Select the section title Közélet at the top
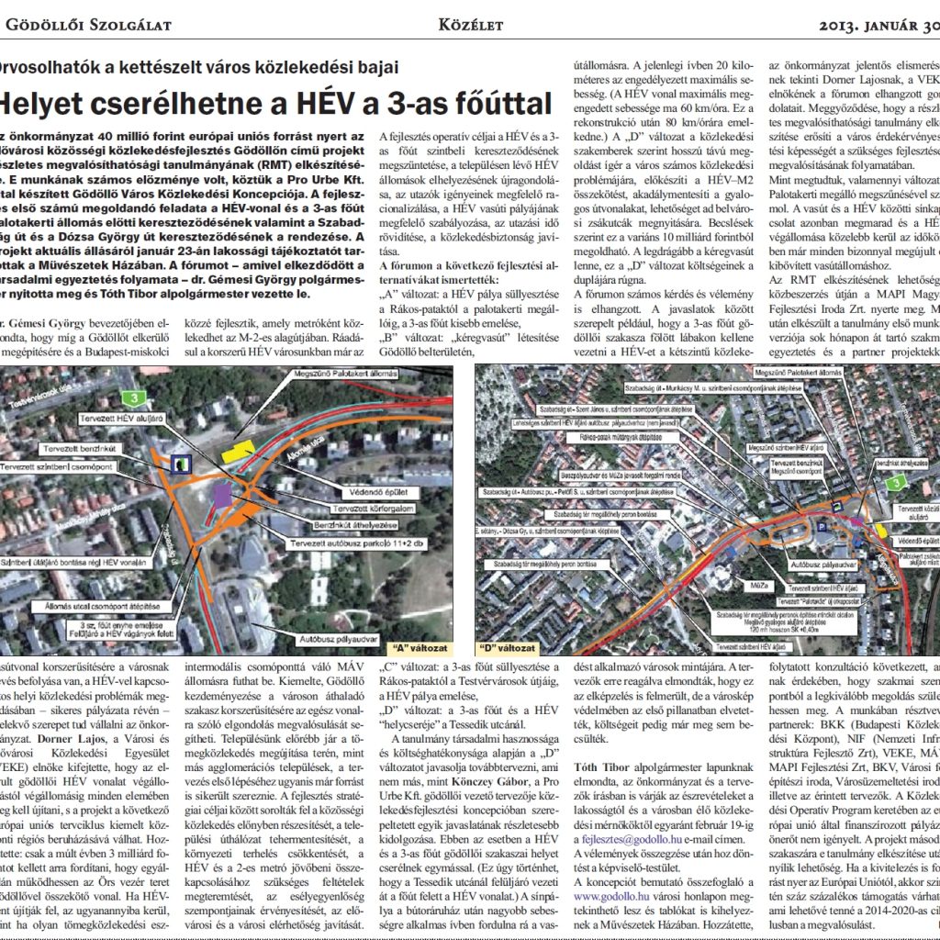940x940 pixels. [470, 25]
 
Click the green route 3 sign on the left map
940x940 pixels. [136, 397]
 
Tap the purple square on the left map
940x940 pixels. [222, 494]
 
